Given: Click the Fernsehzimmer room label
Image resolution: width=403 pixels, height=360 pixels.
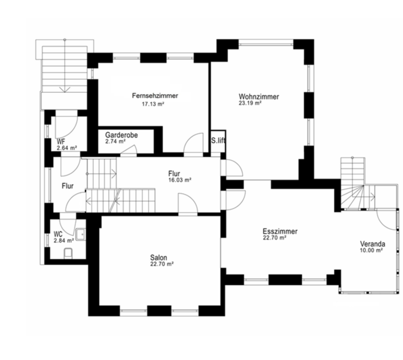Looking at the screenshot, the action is coord(155,96).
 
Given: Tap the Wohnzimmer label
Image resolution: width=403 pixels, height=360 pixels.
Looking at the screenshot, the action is coord(259,97).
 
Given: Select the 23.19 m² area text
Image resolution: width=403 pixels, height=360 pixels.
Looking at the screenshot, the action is coord(250,103).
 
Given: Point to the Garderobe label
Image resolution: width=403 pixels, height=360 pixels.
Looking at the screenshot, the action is coord(122,135).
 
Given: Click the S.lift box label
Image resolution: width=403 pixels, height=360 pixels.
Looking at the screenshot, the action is coord(218,141).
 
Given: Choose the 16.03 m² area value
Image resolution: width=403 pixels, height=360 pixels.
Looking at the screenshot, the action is coord(180,180).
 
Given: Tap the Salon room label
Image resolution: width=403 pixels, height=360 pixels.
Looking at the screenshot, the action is coord(159,258).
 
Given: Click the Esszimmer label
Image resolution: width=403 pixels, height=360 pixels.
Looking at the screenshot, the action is coord(280,231).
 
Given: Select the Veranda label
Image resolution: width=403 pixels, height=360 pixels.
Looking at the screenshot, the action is coord(373,244).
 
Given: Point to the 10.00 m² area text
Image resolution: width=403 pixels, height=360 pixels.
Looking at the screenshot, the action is coord(371,250).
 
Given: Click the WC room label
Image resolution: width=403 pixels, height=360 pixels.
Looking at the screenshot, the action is coord(58,234).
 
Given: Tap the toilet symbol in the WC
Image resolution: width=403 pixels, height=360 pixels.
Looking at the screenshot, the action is coord(68,253).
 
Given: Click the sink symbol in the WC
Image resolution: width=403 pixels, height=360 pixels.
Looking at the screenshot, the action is coord(81,234).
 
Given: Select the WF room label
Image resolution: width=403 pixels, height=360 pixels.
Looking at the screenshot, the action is coord(61,142).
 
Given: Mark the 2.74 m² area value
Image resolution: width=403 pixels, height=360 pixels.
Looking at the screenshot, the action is coord(116,142).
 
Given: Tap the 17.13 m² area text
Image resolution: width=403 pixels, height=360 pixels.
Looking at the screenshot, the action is coord(153,104).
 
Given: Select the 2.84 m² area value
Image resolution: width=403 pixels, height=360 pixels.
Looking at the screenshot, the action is coord(64,241).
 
